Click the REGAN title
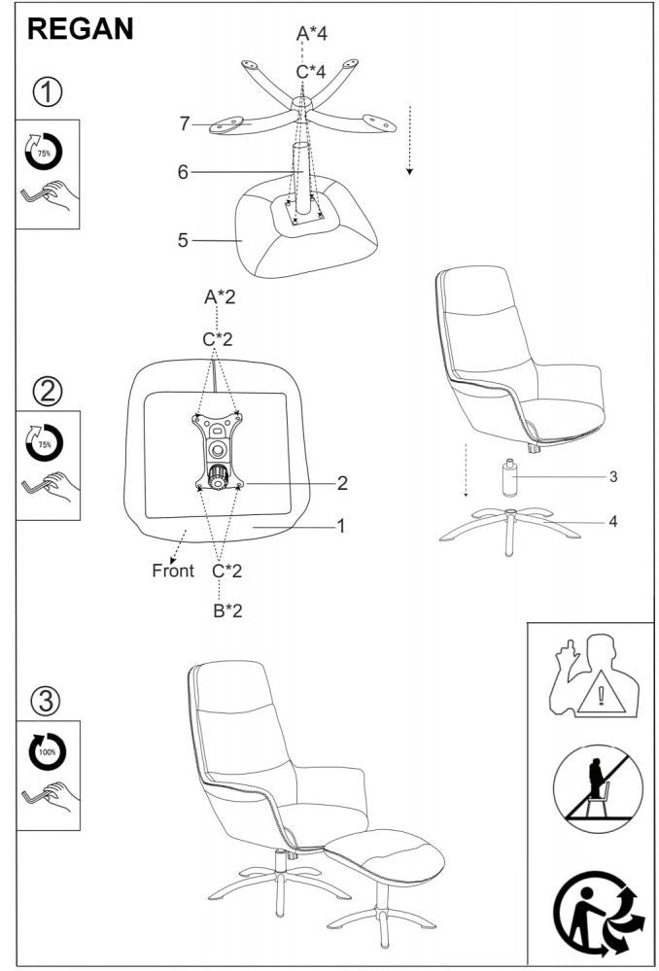coord(80,29)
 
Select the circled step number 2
coord(48,392)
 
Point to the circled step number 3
coord(48,701)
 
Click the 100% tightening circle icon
coord(47,751)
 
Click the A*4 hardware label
coord(311,33)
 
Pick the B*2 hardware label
coord(227,611)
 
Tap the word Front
coord(173,571)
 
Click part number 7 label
coord(185,123)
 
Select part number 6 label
coord(183,173)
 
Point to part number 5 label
coord(183,240)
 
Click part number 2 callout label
coord(342,483)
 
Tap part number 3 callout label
coord(613,477)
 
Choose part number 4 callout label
coord(613,522)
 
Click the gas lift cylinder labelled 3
coord(509,477)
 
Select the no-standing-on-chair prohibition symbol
coord(598,788)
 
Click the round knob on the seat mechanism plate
coord(218,478)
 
